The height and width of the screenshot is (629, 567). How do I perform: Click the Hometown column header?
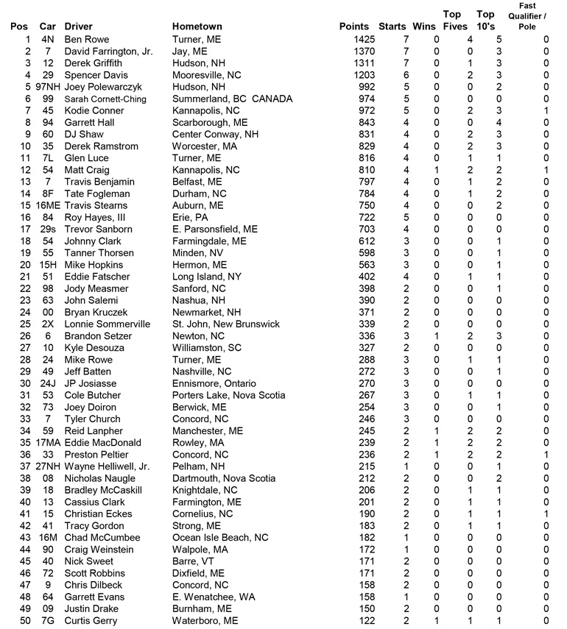197,27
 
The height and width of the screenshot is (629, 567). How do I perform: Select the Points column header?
354,27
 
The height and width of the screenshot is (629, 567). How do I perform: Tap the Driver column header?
79,27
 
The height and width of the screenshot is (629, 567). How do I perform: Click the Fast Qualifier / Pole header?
526,16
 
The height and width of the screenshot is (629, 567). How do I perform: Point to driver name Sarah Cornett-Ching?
105,99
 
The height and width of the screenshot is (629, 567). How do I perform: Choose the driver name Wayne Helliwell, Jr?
107,466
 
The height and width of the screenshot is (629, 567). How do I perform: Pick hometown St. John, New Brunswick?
225,324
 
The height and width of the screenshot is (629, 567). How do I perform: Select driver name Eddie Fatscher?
97,277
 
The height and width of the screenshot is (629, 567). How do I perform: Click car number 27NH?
48,466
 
